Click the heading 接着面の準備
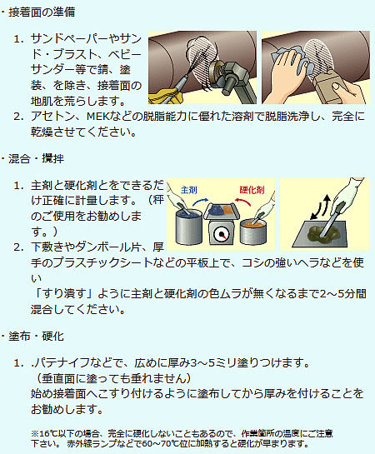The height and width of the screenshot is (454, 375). (42, 12)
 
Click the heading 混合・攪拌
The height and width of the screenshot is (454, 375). (36, 158)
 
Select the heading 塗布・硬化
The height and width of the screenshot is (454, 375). (36, 337)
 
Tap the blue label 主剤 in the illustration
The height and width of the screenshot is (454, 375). (189, 190)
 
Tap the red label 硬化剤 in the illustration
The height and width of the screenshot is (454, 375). (252, 190)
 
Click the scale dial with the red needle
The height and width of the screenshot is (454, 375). (222, 234)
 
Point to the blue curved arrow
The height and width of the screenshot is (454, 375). (200, 202)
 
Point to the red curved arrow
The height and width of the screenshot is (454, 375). (243, 202)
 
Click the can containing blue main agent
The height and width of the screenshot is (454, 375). (188, 227)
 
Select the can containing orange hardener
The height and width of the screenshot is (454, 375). (252, 232)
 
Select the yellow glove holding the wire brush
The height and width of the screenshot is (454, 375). (165, 97)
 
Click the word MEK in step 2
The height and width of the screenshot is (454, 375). (97, 117)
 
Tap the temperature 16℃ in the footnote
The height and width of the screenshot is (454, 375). (45, 433)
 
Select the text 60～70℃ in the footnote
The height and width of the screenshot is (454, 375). (159, 443)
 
